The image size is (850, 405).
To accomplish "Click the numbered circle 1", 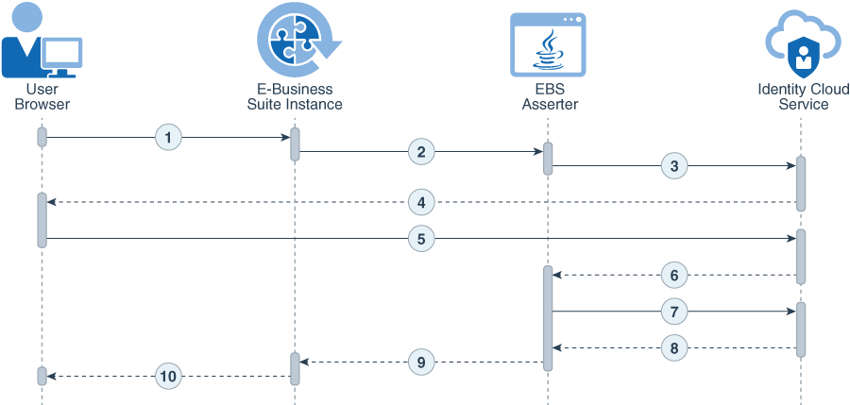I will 168,138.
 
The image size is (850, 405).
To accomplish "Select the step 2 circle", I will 421,151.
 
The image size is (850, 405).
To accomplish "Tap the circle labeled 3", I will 673,166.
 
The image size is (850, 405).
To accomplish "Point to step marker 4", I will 421,202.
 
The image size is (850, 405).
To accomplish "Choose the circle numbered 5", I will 421,239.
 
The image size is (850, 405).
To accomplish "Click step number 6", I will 673,275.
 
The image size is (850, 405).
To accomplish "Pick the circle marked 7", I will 673,311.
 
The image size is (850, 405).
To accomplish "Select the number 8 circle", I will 673,347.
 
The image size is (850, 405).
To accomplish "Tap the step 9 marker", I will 421,361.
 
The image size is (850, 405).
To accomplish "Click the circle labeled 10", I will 168,377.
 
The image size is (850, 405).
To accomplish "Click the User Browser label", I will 42,96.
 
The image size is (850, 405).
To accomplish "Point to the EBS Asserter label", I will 549,96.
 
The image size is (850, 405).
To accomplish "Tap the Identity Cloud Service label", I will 803,96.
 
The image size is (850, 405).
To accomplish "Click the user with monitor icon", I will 42,42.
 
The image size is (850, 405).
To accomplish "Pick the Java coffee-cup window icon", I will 548,44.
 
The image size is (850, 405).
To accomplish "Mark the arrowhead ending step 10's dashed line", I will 52,377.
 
